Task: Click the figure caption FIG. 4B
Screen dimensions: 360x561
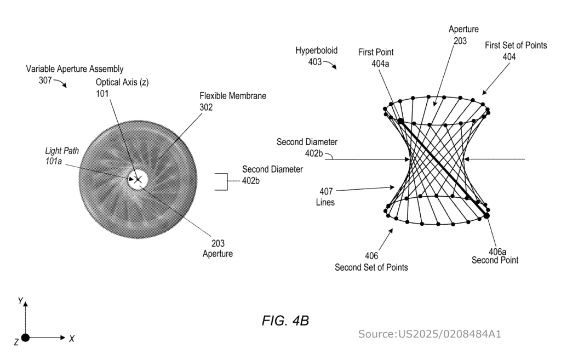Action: pos(285,321)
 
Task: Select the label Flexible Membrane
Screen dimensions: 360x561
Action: pos(233,96)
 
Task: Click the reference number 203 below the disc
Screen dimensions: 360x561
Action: pos(218,243)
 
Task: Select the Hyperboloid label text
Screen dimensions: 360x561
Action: pos(317,51)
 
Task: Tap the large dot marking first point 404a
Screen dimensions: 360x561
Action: pos(400,121)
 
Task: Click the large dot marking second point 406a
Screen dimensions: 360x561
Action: pos(486,216)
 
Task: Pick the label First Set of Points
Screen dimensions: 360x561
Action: pos(516,45)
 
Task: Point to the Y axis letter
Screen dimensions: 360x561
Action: pos(20,301)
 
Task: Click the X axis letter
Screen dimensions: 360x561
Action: pos(72,339)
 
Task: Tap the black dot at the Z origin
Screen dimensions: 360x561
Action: pos(25,338)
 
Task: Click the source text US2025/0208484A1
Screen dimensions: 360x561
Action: pos(430,334)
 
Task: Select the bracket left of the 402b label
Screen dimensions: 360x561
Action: pos(221,181)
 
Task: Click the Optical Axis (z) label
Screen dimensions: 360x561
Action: pos(122,82)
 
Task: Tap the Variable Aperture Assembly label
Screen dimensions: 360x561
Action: pos(75,69)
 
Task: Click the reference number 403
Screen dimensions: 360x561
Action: pos(314,62)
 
